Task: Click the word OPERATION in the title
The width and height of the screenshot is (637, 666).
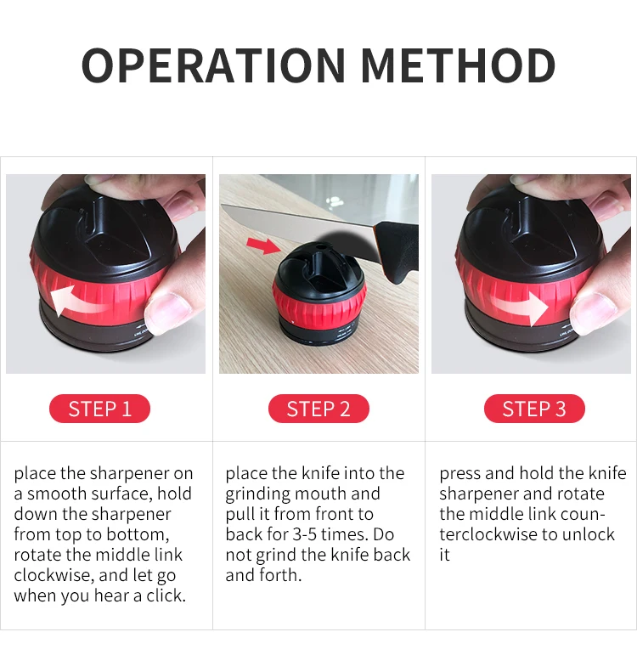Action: tap(213, 65)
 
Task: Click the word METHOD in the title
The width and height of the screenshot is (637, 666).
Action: tap(459, 65)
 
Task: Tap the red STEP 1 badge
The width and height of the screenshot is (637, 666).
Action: tap(100, 409)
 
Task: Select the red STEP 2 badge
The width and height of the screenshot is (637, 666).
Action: tap(318, 409)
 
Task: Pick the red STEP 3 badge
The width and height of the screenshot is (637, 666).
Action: tap(534, 409)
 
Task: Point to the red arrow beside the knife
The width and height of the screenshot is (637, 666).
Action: tap(263, 246)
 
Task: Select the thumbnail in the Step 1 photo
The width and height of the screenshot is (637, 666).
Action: tap(168, 313)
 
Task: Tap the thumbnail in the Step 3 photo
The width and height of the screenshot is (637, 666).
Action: tap(593, 313)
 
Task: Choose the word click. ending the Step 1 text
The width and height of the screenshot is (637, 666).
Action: tap(166, 595)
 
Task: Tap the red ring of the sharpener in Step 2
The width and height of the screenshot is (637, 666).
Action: tap(318, 305)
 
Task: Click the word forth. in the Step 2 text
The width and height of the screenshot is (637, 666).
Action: tap(280, 575)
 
